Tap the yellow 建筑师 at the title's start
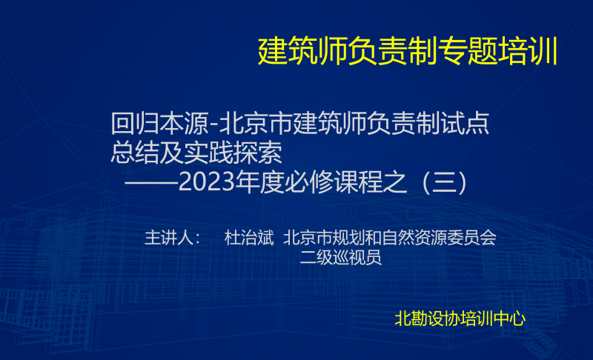[302, 51]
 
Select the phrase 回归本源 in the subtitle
[159, 124]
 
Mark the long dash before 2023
[151, 182]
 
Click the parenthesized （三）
[445, 182]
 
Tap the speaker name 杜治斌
[249, 238]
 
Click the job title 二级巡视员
[340, 258]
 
